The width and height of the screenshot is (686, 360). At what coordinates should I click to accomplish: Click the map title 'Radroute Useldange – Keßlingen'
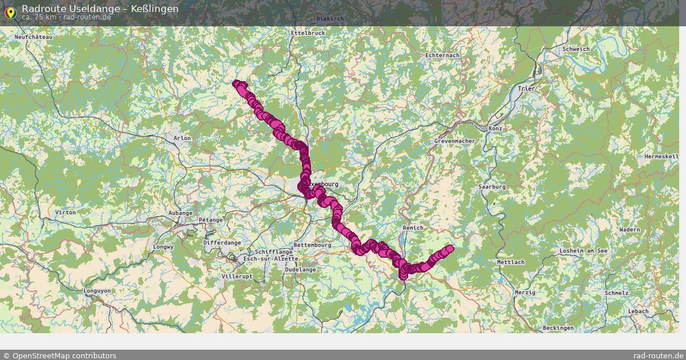(100, 9)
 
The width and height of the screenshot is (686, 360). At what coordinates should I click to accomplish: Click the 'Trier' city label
(526, 89)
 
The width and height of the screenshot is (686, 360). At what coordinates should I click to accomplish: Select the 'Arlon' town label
(182, 138)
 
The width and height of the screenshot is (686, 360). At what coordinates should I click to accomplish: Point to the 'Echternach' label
(442, 55)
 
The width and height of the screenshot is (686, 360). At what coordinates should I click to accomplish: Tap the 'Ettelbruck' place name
(308, 33)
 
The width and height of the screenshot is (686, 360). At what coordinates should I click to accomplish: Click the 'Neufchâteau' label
(34, 37)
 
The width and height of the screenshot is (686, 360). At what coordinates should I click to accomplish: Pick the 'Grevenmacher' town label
(454, 141)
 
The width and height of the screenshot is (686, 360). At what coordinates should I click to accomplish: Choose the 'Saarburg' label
(492, 187)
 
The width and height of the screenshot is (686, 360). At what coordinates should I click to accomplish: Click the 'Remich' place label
(413, 228)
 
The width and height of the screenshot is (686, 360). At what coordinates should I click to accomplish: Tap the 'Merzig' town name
(525, 292)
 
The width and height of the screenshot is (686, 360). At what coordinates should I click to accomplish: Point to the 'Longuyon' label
(97, 291)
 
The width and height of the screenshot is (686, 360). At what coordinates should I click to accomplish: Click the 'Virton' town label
(65, 213)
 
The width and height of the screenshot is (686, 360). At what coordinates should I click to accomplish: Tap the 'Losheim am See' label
(583, 251)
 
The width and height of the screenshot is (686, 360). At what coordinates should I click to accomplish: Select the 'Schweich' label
(576, 49)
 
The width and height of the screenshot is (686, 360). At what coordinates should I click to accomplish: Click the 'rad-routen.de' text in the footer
(658, 355)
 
